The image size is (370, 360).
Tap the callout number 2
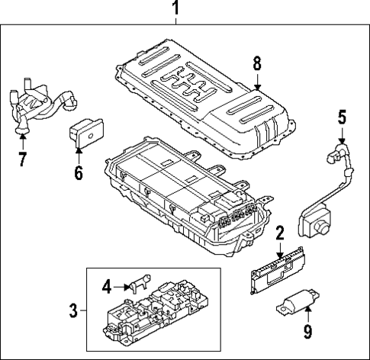pyautogui.click(x=280, y=232)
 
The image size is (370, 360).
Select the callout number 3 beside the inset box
pyautogui.click(x=73, y=310)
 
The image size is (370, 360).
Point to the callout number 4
pyautogui.click(x=108, y=286)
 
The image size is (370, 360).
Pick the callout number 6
pyautogui.click(x=78, y=172)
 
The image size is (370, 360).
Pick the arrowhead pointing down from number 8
pyautogui.click(x=257, y=88)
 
